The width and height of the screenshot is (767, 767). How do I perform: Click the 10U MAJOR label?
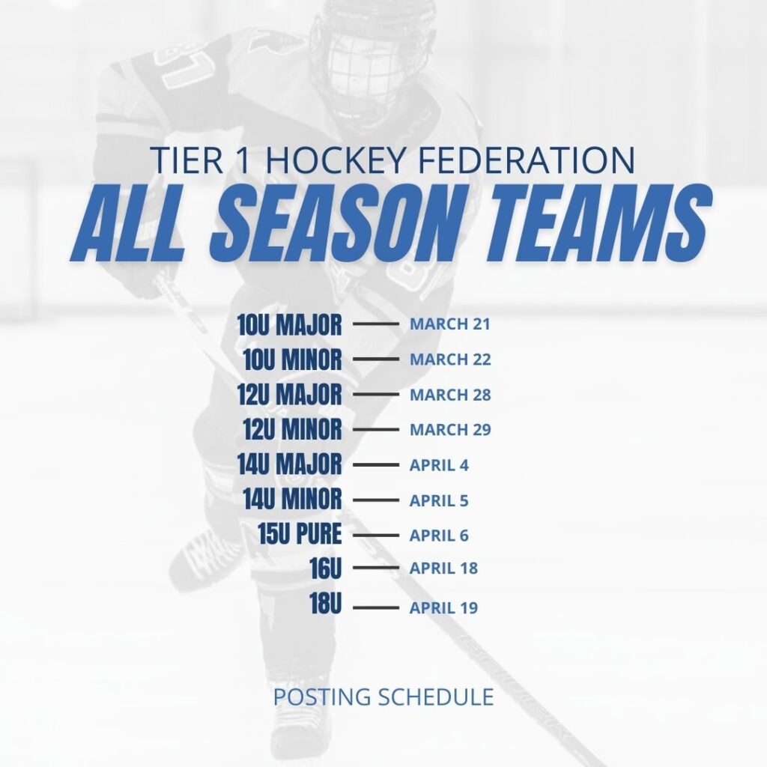point(290,324)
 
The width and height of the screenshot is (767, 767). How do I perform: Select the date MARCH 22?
point(450,359)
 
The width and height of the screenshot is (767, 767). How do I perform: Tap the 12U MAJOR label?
point(290,394)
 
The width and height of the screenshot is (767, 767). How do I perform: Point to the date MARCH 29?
point(450,429)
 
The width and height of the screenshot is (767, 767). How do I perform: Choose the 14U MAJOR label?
point(290,464)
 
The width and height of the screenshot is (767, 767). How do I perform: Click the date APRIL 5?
point(439,500)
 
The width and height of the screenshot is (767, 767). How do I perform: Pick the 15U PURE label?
point(300,533)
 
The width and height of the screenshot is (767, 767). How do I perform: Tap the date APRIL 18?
point(443,568)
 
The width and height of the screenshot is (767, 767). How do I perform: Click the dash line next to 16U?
point(376,568)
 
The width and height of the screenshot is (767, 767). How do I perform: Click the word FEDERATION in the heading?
point(527,160)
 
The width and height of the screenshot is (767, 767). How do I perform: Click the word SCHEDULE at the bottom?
point(437,697)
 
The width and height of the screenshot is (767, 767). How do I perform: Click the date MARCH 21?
point(449,324)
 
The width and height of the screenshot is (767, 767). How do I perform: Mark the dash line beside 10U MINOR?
point(376,359)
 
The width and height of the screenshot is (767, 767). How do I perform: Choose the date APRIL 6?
point(439,535)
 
